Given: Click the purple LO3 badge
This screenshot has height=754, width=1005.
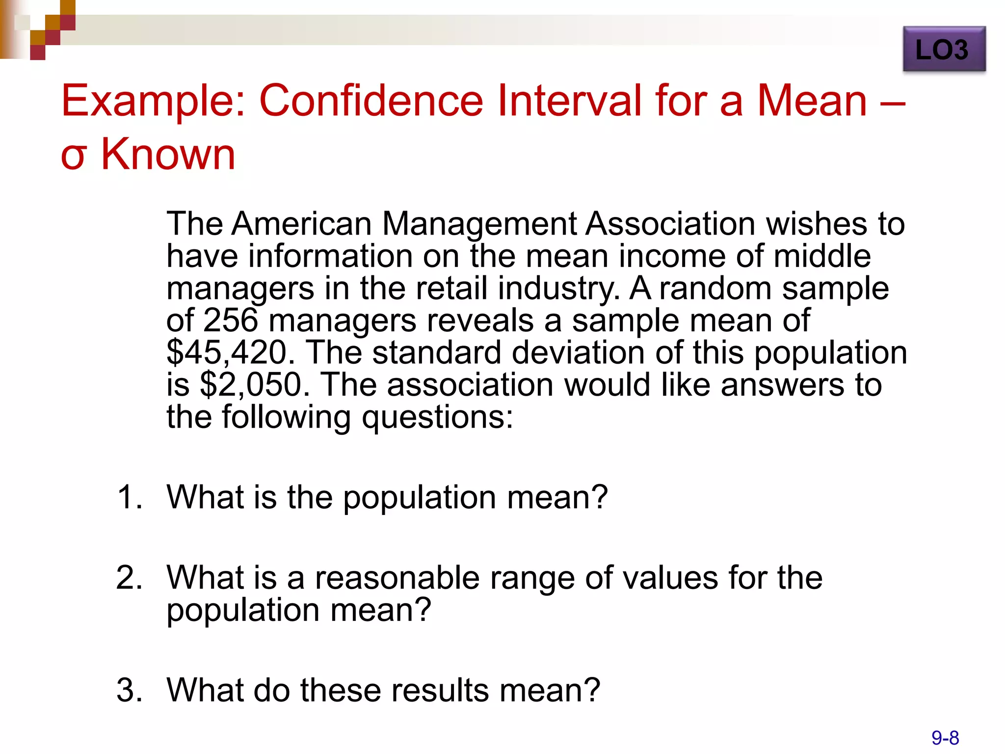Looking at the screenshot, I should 944,49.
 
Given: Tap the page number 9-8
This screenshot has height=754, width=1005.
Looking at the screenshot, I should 945,738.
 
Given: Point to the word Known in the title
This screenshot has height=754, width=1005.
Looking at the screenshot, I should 168,154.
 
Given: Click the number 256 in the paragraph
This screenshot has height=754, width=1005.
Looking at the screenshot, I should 230,320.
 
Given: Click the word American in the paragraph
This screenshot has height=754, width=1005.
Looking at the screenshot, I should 301,224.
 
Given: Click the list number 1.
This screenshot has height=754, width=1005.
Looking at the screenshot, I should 129,497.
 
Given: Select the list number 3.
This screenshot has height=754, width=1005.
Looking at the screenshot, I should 129,690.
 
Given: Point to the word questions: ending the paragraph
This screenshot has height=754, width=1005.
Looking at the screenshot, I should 437,418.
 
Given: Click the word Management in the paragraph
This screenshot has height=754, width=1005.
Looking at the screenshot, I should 478,225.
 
